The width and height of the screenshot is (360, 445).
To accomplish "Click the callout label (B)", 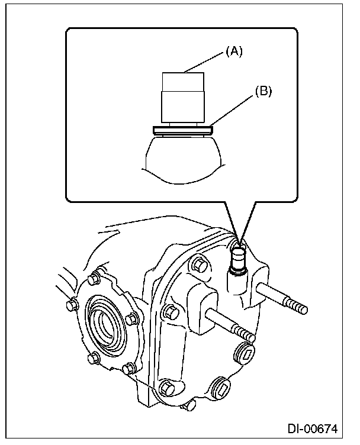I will pos(264,92).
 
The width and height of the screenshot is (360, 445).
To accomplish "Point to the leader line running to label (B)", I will pos(234,110).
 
